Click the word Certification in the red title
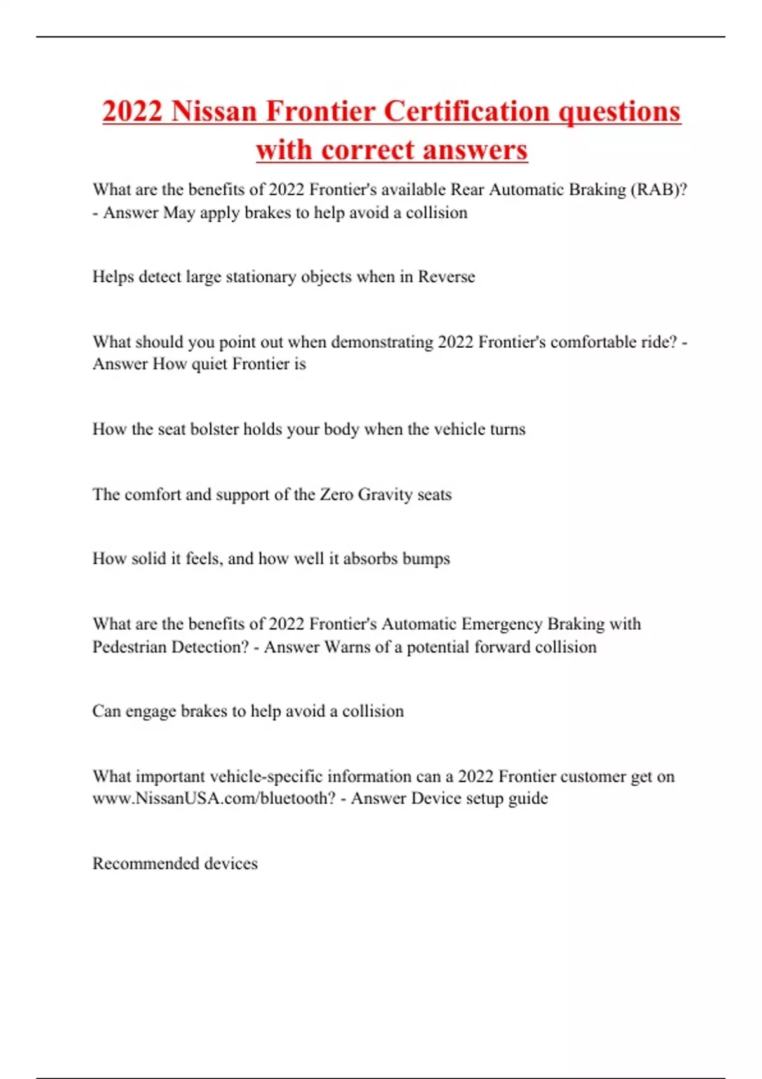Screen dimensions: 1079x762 click(x=466, y=111)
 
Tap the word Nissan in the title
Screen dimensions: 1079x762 click(x=214, y=111)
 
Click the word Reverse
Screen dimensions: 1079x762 click(x=446, y=277)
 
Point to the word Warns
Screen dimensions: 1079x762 click(x=347, y=647)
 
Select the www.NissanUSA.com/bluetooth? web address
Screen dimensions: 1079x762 click(x=213, y=798)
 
